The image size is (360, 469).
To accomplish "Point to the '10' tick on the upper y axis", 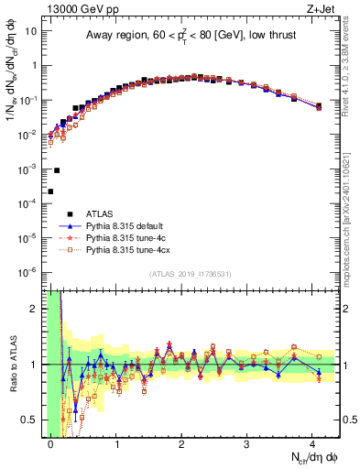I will coord(31,31).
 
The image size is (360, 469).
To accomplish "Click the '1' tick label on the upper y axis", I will coord(34,66).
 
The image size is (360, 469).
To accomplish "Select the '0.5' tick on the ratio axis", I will coord(29,420).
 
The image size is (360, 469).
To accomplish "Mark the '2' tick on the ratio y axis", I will coord(34,309).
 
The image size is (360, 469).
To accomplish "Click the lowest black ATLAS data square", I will coord(50,191).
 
